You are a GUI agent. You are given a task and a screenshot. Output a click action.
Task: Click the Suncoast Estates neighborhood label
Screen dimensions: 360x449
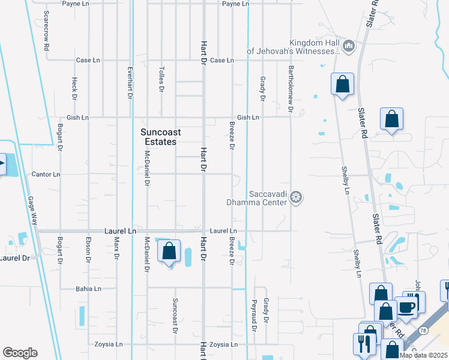(x=158, y=137)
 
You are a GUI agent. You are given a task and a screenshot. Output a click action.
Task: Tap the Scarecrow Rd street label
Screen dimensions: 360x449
(x=46, y=25)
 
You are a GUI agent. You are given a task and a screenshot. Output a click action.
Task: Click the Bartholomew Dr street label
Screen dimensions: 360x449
(x=291, y=89)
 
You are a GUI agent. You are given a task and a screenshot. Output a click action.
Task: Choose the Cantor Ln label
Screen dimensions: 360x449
(x=46, y=175)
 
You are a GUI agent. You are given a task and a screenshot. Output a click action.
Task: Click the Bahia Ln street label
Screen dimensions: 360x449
(x=88, y=289)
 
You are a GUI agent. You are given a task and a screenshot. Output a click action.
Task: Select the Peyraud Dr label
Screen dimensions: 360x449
(x=254, y=315)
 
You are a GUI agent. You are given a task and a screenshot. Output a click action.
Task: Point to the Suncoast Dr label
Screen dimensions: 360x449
(x=175, y=315)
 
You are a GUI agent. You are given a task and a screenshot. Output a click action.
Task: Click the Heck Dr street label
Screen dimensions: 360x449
(x=74, y=88)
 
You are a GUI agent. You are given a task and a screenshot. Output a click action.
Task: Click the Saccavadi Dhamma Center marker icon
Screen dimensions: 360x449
(x=295, y=197)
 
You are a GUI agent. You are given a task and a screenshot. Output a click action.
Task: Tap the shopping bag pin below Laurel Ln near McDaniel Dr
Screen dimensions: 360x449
(x=169, y=250)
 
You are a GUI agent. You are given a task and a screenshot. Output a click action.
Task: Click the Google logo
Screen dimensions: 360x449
(x=20, y=353)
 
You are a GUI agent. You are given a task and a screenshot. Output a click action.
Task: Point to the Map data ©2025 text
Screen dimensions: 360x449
(x=423, y=355)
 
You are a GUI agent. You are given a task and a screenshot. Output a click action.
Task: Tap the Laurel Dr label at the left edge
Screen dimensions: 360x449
(x=14, y=258)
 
